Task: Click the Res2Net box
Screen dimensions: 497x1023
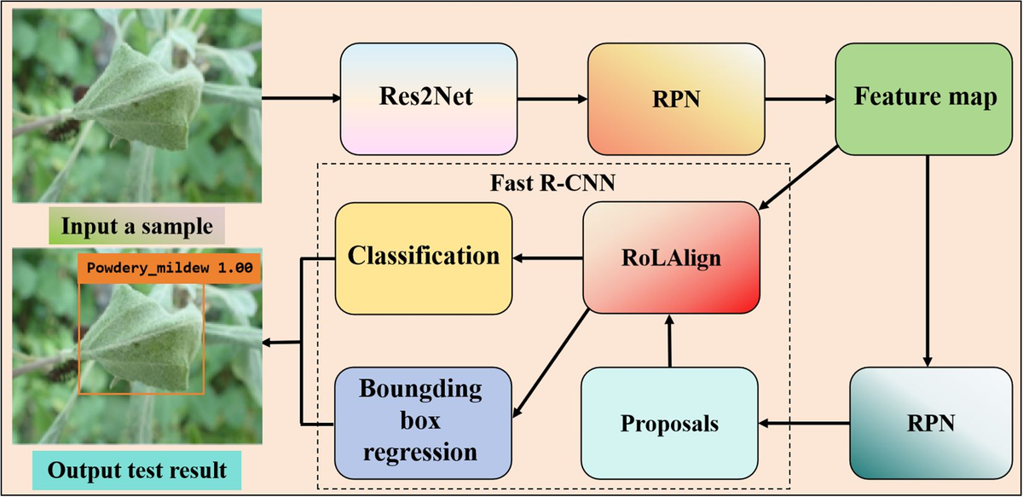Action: [429, 97]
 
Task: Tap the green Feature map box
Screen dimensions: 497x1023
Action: [925, 97]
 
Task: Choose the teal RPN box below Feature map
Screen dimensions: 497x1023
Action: [925, 421]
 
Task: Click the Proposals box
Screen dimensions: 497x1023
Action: [669, 423]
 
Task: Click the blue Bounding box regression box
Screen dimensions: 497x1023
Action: [424, 423]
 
